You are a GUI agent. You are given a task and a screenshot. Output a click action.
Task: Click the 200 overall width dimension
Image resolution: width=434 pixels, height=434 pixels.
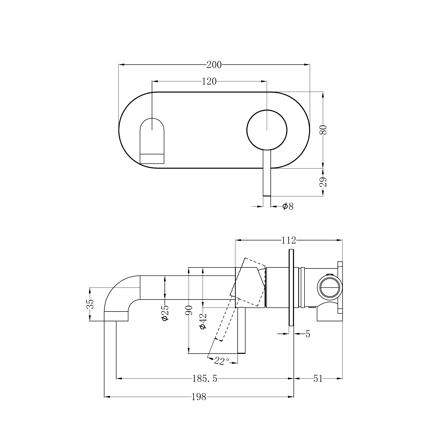tap(214, 65)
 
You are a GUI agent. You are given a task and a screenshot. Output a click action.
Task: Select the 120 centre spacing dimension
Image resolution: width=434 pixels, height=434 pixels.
tap(209, 81)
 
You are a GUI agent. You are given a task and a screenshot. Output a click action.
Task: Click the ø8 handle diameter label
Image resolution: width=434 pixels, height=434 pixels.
tap(288, 206)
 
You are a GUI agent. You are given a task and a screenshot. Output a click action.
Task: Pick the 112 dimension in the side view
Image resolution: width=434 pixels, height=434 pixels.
tap(288, 240)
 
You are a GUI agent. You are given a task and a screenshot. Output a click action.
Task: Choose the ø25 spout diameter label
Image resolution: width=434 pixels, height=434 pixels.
tap(165, 313)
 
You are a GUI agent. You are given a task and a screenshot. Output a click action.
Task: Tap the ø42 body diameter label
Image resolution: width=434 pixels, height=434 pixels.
tap(203, 321)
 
